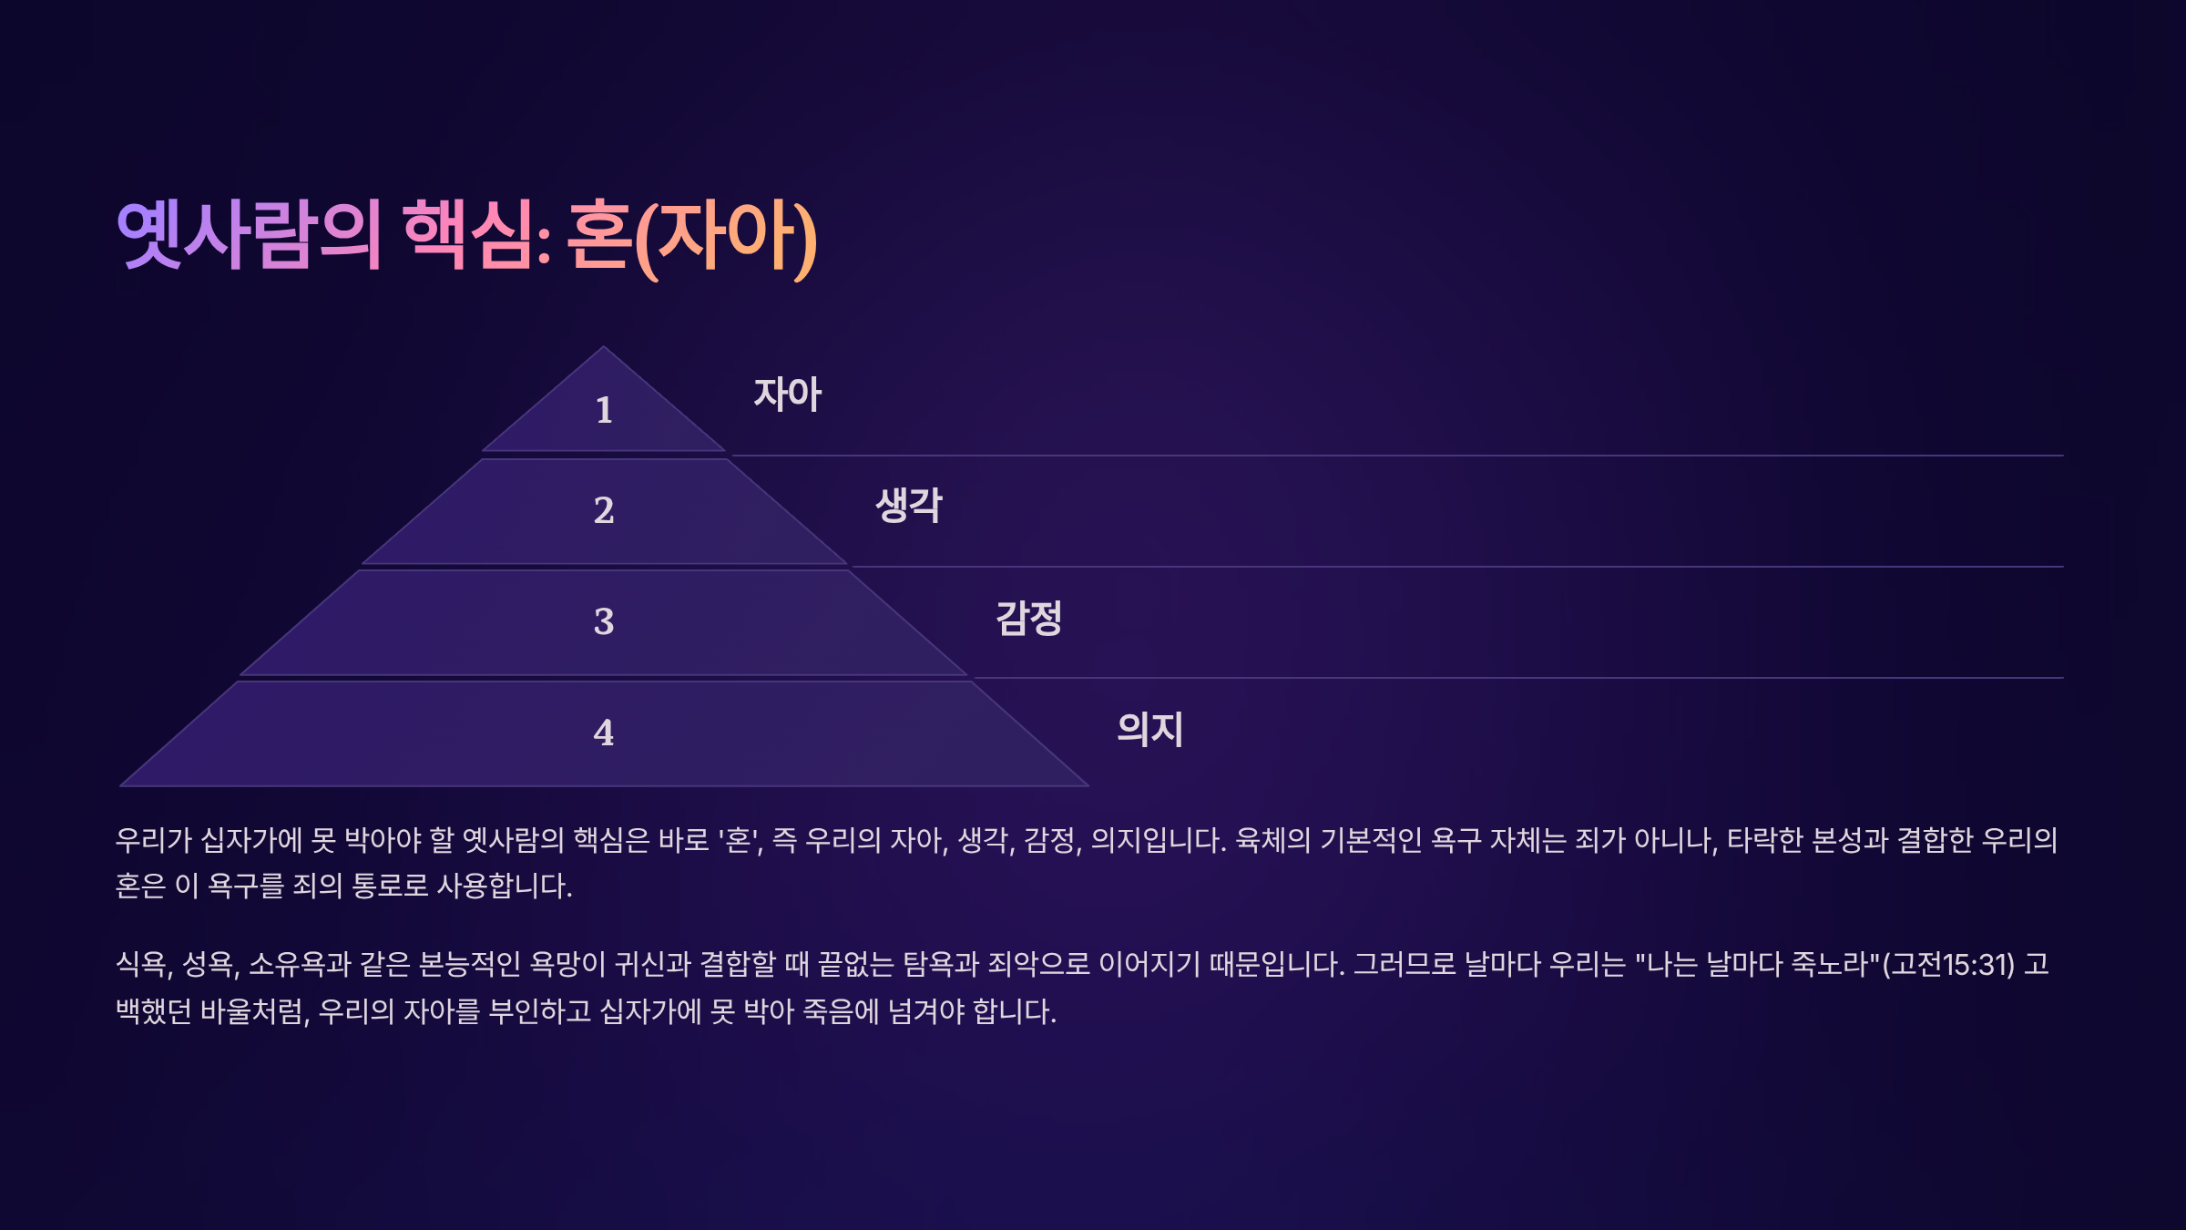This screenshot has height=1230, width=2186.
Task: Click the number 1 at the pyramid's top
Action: (x=604, y=410)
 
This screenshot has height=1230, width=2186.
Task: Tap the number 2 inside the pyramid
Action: (x=604, y=510)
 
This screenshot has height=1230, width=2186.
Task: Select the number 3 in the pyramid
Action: (x=604, y=621)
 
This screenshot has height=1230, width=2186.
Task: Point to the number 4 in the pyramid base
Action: (x=604, y=733)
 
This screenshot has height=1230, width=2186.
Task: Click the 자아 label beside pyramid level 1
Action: (x=788, y=395)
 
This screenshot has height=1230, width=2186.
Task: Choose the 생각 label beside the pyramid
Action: (x=909, y=506)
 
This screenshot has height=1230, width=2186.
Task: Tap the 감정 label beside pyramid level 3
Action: (x=1029, y=618)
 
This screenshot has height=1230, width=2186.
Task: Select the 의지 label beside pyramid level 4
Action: (x=1150, y=729)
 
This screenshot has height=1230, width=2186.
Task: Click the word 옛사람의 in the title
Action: (x=249, y=235)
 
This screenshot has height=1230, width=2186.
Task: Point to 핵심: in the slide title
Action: (x=476, y=235)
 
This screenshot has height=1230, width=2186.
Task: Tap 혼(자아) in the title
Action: (x=692, y=237)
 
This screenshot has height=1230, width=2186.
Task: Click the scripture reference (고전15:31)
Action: (x=1948, y=964)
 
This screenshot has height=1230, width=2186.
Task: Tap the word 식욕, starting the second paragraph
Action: (x=145, y=964)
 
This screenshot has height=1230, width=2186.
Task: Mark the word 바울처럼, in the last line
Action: (x=255, y=1011)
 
